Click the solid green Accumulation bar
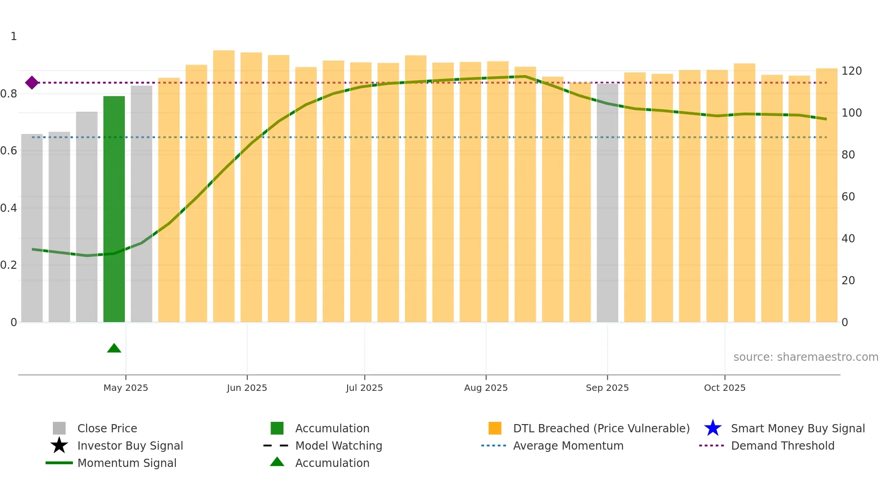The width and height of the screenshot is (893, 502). point(114,210)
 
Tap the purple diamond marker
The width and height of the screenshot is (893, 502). point(32,82)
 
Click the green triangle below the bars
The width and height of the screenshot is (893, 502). point(114,348)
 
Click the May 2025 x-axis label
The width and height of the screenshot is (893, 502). point(126,388)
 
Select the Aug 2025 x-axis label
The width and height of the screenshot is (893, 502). point(486,388)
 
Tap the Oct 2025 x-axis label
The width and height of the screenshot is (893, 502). point(724,388)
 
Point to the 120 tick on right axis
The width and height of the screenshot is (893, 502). point(851,71)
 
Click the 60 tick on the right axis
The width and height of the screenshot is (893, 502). point(848,197)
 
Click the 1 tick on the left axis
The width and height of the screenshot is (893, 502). point(14,36)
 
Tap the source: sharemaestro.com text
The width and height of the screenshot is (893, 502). point(806,357)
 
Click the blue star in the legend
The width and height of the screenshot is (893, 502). point(713,428)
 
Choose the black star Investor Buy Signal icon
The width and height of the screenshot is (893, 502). point(59,446)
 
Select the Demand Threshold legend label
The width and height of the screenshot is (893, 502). point(782,446)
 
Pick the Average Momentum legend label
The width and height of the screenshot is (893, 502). point(568,446)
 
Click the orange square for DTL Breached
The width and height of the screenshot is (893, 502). point(495,428)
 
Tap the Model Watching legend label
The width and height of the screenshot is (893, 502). point(339,446)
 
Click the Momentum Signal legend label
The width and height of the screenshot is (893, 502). point(127,463)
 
